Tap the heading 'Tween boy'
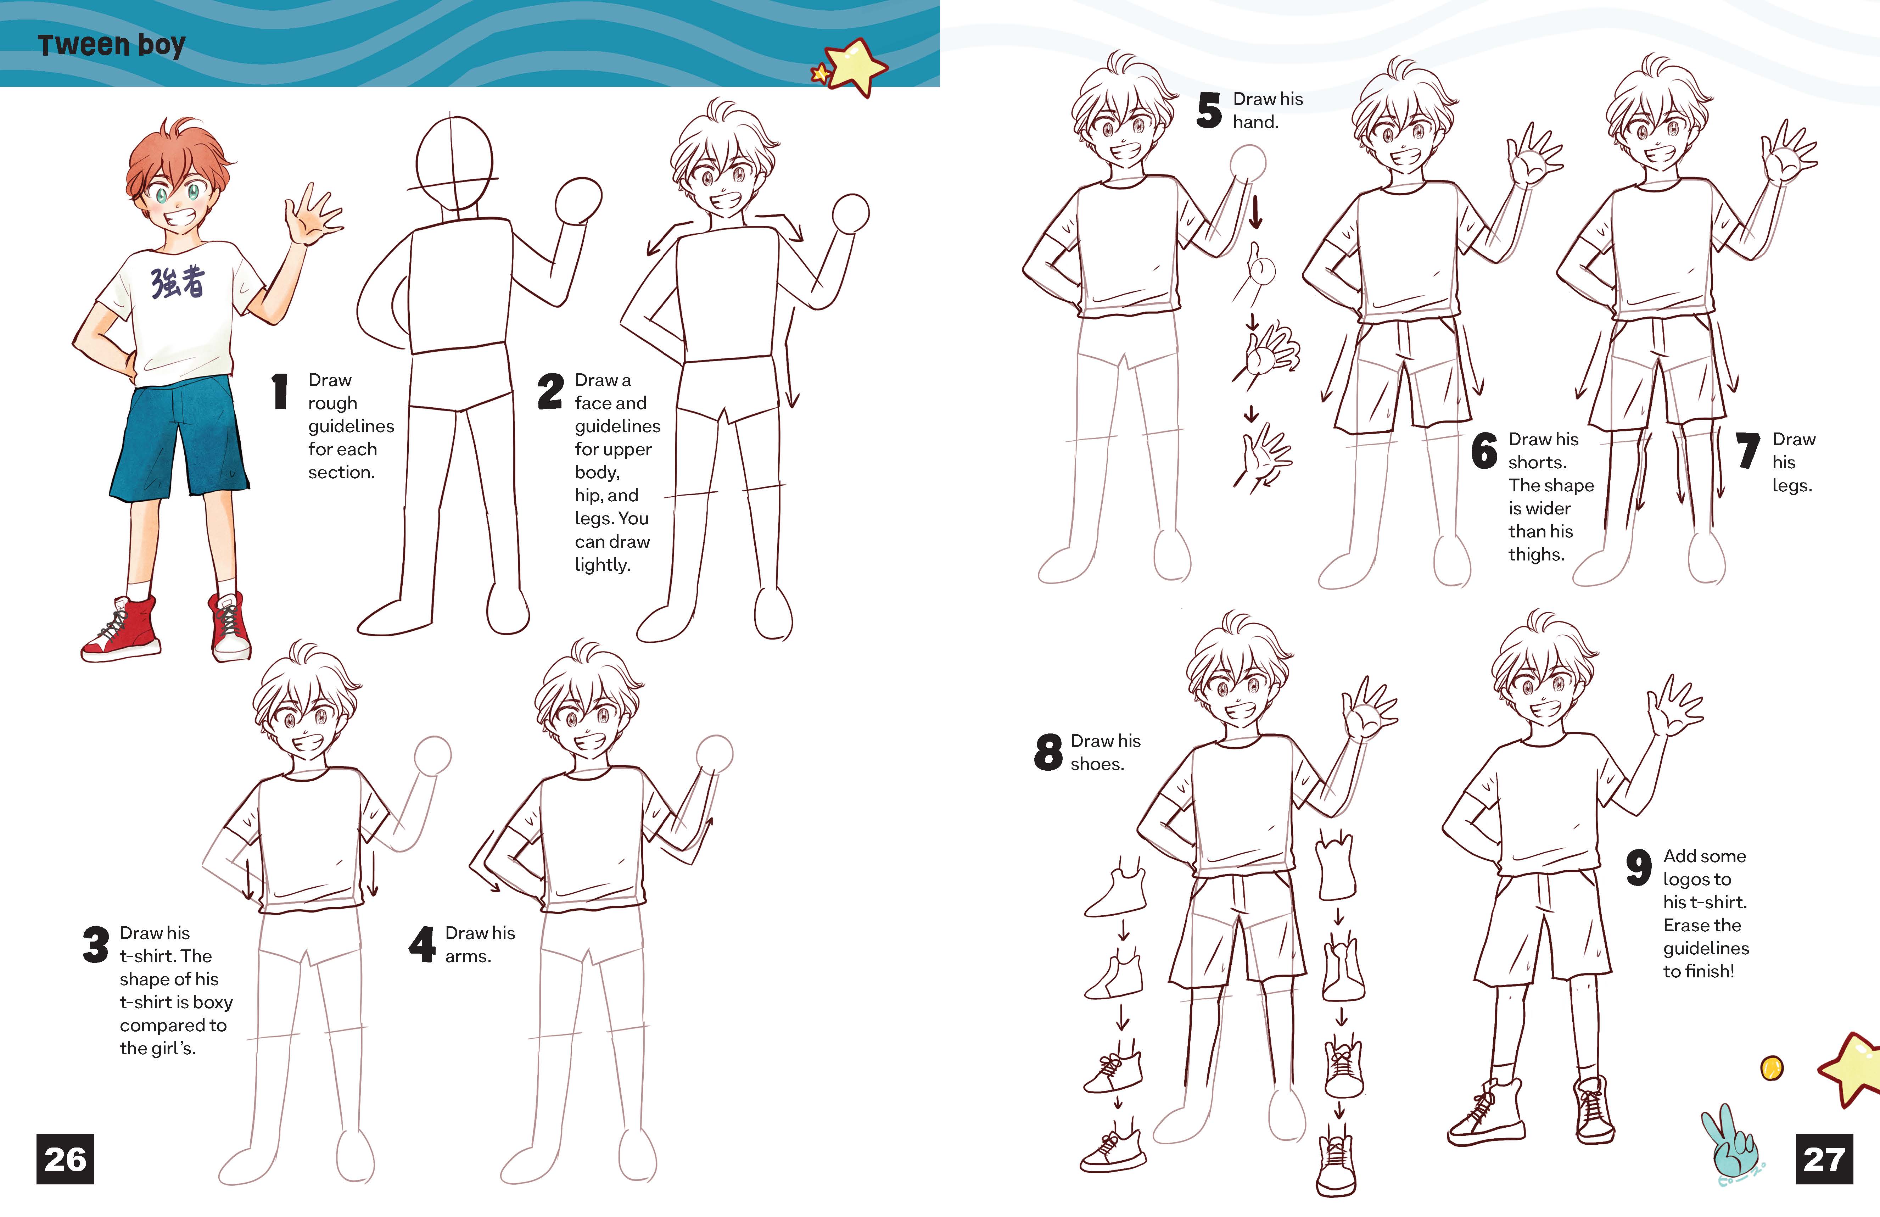111,45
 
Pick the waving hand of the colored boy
313,217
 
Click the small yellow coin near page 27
1772,1068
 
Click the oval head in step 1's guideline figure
454,162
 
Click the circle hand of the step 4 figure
715,752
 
